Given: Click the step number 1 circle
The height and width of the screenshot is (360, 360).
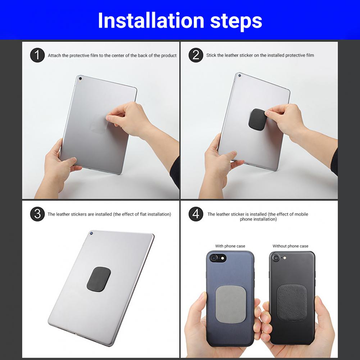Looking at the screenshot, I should pyautogui.click(x=37, y=55).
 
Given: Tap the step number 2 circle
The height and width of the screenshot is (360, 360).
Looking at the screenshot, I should pyautogui.click(x=196, y=55).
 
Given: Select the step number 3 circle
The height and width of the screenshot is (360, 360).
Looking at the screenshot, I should pyautogui.click(x=37, y=214).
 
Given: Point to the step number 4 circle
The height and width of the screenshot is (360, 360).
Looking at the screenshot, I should pyautogui.click(x=196, y=214).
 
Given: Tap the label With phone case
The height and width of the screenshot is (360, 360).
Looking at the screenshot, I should pyautogui.click(x=230, y=246).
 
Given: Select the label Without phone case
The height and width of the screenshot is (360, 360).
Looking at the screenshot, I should pyautogui.click(x=290, y=246).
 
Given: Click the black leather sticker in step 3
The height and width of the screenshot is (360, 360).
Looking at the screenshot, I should pyautogui.click(x=99, y=279).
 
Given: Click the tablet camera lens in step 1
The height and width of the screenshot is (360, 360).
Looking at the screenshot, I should pyautogui.click(x=80, y=78).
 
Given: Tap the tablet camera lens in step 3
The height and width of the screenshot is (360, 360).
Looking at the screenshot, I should pyautogui.click(x=92, y=233).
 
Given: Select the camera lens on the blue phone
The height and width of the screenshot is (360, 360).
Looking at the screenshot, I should pyautogui.click(x=214, y=258).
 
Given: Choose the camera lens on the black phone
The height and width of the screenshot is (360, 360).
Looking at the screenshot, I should pyautogui.click(x=276, y=258).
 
